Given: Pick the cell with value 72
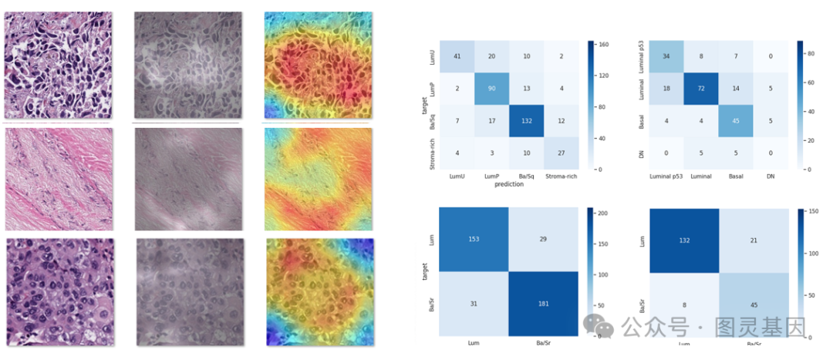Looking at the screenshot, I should click(x=701, y=89).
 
